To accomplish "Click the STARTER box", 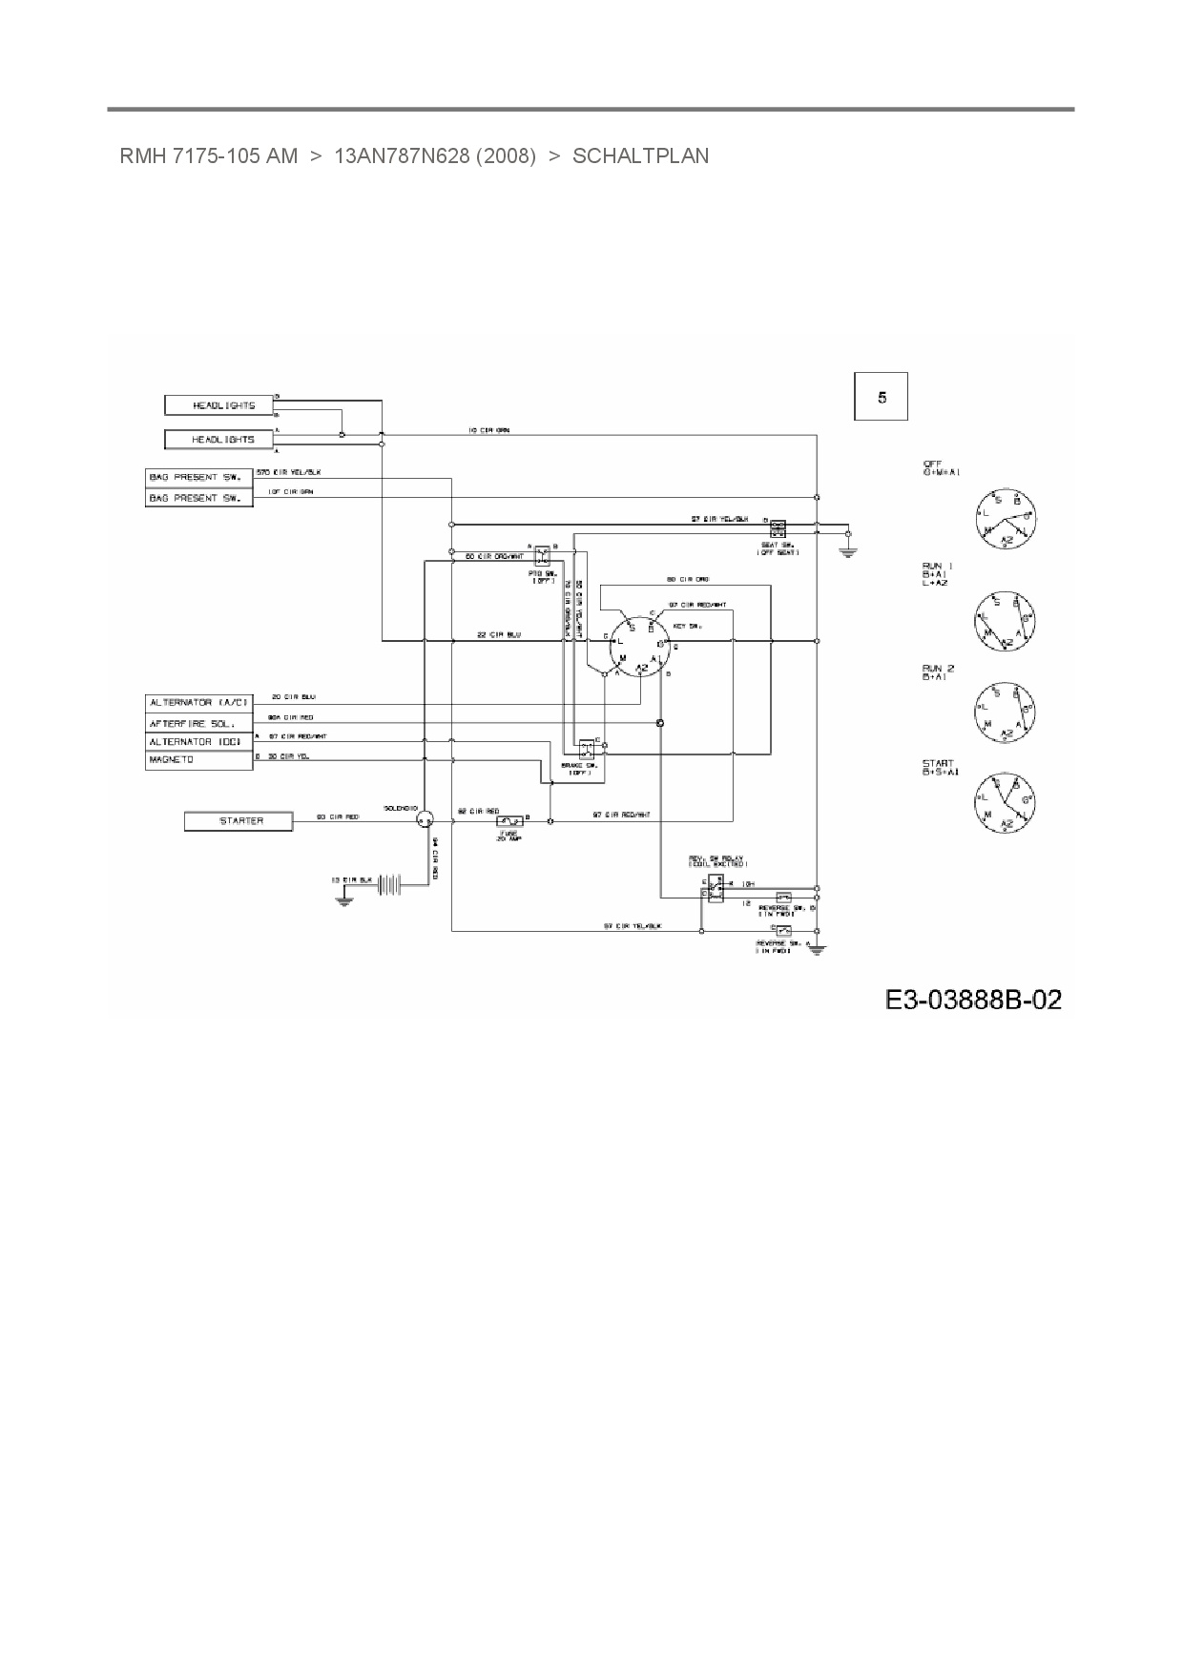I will coord(238,820).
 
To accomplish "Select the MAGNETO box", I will coord(198,760).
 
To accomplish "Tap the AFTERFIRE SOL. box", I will coord(198,723).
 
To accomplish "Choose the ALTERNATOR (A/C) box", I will coord(198,703).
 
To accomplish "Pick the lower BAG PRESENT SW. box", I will coord(198,498).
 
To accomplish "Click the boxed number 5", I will coord(881,397).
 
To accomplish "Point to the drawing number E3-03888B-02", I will coord(972,1000).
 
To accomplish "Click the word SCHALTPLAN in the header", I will coord(640,155).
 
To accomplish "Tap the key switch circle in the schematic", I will coord(636,647).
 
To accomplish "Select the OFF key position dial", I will coord(1006,520).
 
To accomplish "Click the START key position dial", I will coord(1006,802).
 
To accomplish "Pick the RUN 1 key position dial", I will coord(1006,621).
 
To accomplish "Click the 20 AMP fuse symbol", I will coord(511,820).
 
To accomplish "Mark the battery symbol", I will coord(391,885).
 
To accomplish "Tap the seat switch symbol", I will coord(778,527).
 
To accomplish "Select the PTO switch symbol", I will coord(541,554).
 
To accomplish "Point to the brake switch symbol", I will coord(586,749).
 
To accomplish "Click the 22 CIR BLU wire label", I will coord(499,635).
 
